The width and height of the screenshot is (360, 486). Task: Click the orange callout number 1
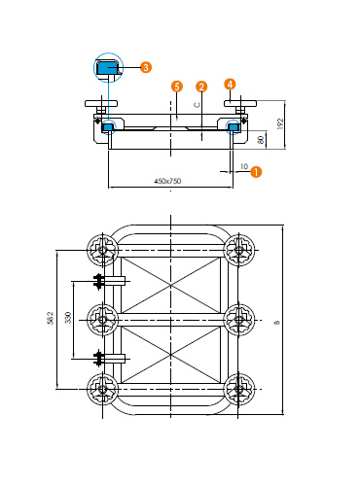coord(256,172)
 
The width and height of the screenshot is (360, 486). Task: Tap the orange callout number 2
coord(201,87)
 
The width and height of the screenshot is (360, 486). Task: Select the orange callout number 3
coord(146,67)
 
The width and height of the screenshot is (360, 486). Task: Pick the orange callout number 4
coord(230,85)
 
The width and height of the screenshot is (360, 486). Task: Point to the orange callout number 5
coord(177,87)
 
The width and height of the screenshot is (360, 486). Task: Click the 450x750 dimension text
coord(167,181)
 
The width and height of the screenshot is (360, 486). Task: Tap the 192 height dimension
coord(280,123)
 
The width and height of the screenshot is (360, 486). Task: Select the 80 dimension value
coord(261,140)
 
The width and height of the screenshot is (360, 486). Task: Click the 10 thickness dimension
coord(244,166)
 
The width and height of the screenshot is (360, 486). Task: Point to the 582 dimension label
coord(50,318)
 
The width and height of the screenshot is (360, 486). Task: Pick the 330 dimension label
coord(68,318)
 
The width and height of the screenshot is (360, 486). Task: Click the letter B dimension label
coord(276,323)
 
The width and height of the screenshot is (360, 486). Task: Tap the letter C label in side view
coord(198,105)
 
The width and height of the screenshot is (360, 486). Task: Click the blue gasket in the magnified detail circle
coord(107,68)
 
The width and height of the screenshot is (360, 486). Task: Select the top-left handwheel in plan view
coord(103,250)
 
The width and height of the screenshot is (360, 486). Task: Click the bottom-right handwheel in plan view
coord(239,389)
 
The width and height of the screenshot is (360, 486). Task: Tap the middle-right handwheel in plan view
coord(239,320)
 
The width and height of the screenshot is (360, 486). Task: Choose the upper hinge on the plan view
coord(110,281)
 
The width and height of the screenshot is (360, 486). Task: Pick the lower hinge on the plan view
coord(110,359)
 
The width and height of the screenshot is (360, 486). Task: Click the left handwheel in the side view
coord(101,104)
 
